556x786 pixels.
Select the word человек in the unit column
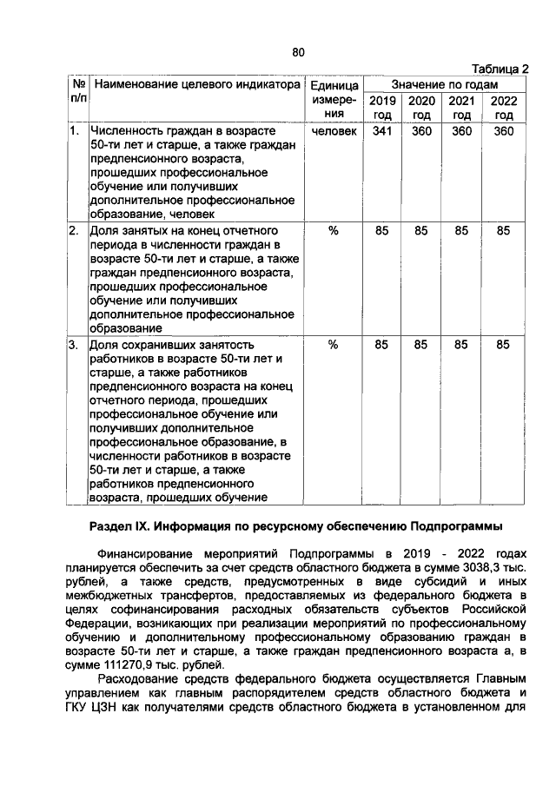tap(334, 131)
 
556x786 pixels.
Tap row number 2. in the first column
tap(75, 231)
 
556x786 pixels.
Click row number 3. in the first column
tap(75, 345)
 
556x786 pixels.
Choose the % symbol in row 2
tap(334, 231)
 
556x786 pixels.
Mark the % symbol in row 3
tap(334, 345)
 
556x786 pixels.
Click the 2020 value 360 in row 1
tap(422, 131)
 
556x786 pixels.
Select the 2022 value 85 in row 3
tap(503, 345)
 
